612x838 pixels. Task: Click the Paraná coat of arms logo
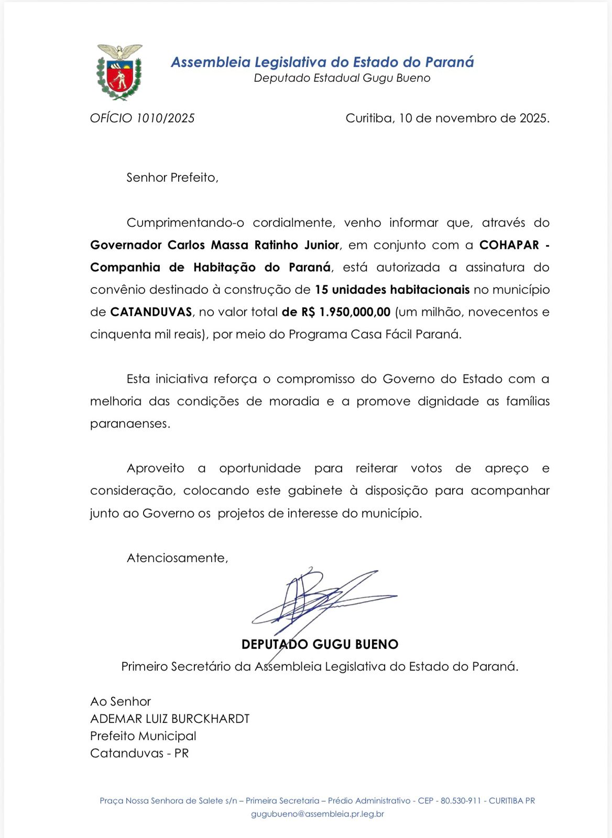tap(119, 72)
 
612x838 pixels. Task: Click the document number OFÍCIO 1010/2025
tap(142, 118)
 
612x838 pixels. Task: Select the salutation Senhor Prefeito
tap(172, 178)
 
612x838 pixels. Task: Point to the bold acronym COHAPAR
tap(509, 245)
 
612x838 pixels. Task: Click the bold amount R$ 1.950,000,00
tap(346, 312)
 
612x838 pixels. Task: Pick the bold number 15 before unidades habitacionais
tap(321, 290)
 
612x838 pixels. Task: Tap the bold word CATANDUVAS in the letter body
tap(151, 312)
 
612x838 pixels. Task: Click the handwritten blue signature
tap(320, 600)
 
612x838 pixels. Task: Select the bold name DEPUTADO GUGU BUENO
tap(320, 644)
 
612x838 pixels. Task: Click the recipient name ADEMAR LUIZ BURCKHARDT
tap(170, 719)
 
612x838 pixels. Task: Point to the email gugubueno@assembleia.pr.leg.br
tap(318, 814)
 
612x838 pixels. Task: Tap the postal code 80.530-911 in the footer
tap(461, 801)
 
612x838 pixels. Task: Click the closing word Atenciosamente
tap(177, 558)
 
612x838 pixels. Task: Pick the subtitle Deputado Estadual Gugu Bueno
tap(342, 78)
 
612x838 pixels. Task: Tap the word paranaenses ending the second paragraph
tap(129, 424)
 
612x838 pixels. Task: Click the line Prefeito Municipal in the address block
tap(143, 736)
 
